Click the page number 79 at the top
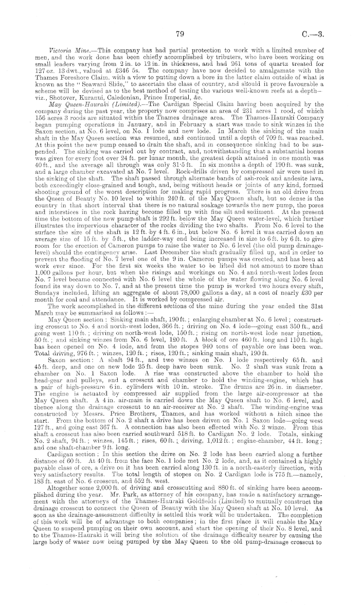pyautogui.click(x=179, y=34)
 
